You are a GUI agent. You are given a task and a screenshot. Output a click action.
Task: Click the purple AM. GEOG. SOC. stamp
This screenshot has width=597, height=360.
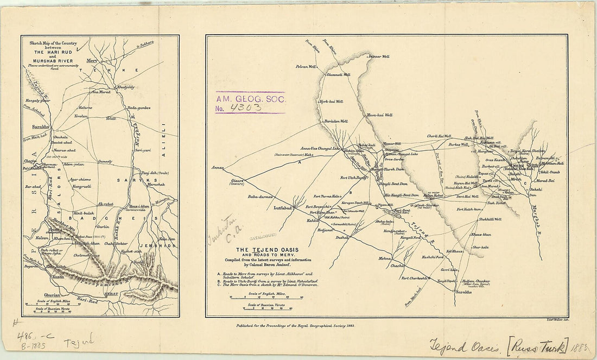[250, 102]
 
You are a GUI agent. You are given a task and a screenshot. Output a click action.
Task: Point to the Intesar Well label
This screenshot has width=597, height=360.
[379, 56]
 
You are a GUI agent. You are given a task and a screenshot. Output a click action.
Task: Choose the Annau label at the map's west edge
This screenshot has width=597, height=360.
[218, 167]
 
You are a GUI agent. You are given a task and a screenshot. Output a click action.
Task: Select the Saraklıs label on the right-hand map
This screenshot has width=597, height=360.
[463, 293]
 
